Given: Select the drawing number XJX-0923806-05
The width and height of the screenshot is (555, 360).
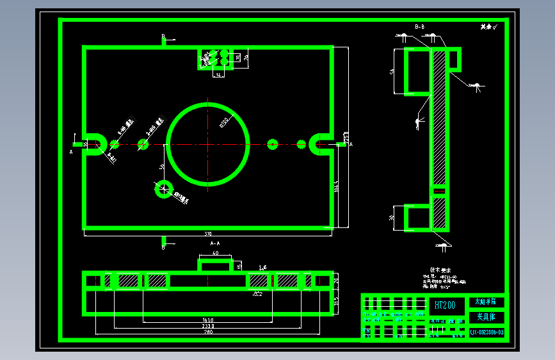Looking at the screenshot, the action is click(x=487, y=332).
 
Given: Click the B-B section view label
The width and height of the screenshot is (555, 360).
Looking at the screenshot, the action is click(x=420, y=27).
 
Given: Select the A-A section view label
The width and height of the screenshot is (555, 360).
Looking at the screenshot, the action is click(x=215, y=244).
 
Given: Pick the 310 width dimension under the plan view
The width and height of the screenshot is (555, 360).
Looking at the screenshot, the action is click(x=208, y=233).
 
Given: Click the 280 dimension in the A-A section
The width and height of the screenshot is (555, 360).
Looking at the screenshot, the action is click(x=208, y=332).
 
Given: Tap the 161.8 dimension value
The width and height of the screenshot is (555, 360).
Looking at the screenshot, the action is click(x=208, y=319).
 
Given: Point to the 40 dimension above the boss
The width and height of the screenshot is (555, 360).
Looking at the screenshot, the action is click(x=215, y=254).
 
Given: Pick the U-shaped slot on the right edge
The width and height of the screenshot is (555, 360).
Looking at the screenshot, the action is click(x=319, y=144).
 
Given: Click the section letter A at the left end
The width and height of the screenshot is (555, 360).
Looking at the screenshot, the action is click(x=72, y=152).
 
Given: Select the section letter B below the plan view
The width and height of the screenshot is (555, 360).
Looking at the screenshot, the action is click(x=164, y=247).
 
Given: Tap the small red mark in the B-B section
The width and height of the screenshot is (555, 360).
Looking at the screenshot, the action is click(x=438, y=191).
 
